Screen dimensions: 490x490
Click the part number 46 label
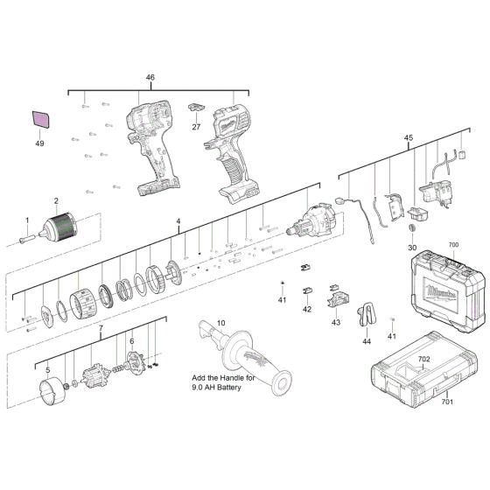(150, 77)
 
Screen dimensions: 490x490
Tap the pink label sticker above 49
(40, 119)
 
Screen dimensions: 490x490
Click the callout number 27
(196, 127)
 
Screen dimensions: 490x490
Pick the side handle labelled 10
(245, 357)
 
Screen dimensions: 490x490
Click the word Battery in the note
(229, 388)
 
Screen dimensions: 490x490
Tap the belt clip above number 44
(366, 314)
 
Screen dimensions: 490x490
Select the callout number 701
(447, 402)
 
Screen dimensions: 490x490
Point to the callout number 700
(453, 245)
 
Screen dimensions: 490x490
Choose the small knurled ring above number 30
(412, 227)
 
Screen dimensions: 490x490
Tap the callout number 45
(408, 137)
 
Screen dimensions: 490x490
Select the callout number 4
(178, 221)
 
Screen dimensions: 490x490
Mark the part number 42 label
(307, 309)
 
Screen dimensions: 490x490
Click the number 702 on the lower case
(423, 359)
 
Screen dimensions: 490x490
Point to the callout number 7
(101, 328)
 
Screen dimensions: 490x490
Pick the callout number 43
(336, 322)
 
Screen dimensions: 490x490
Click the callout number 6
(131, 341)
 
